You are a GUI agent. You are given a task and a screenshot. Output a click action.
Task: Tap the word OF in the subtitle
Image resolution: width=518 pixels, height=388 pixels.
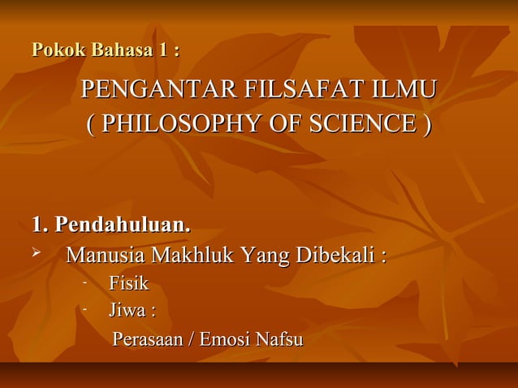281,126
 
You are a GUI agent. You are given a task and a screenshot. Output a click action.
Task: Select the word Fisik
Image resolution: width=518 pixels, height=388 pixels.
128,284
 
